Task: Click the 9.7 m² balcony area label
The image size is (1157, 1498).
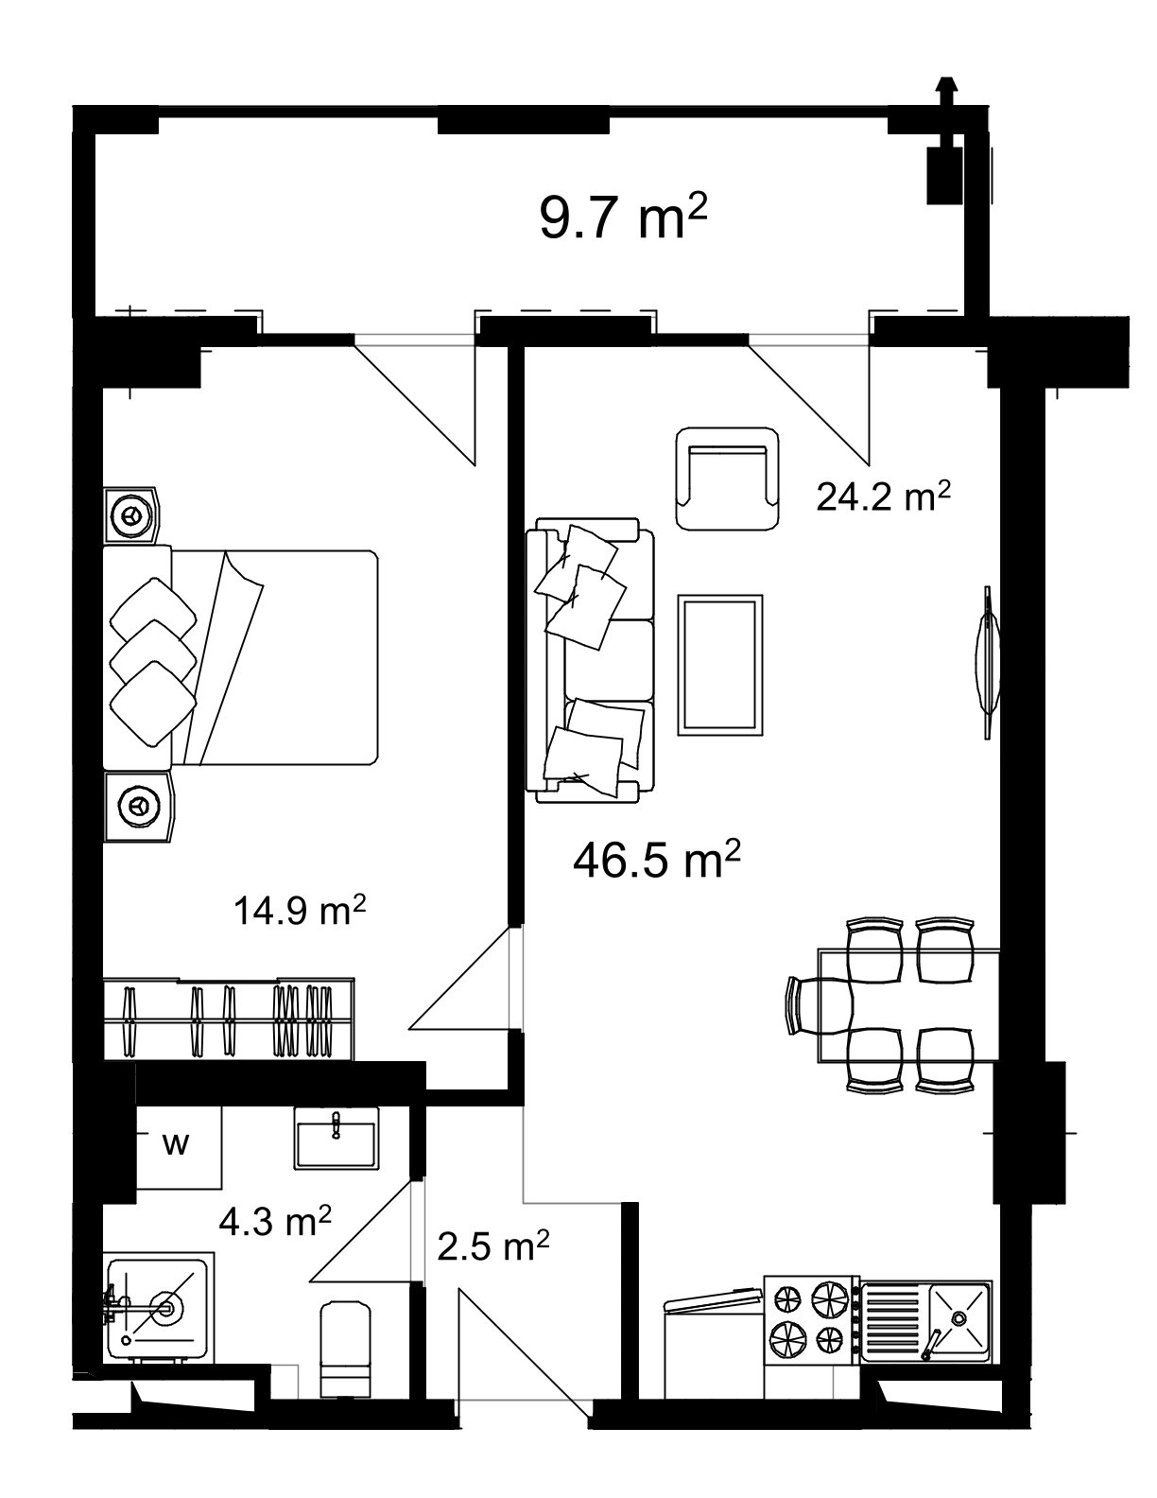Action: coord(623,218)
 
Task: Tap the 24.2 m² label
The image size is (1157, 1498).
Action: coord(883,496)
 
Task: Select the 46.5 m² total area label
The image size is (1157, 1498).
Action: coord(656,861)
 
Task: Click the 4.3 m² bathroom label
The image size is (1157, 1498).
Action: coord(275,1221)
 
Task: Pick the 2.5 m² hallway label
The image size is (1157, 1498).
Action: coord(493,1246)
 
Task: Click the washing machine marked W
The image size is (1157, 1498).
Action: coord(177,1144)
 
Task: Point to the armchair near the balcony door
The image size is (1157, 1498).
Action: coord(728,478)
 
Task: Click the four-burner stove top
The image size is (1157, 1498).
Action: coord(812,1319)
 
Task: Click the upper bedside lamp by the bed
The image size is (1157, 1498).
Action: coord(130,515)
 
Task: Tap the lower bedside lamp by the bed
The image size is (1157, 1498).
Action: coord(138,805)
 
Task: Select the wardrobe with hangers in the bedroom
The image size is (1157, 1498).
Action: coord(230,1019)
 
